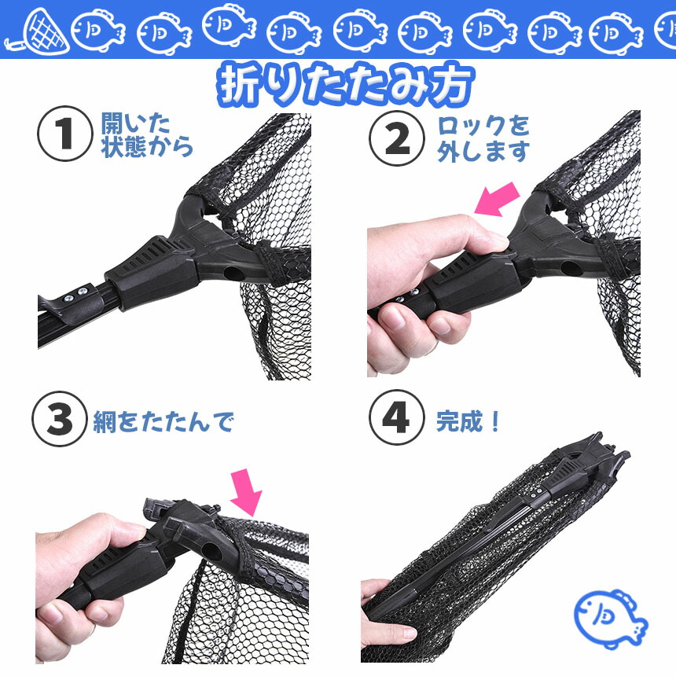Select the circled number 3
coord(60,419)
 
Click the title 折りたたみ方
coord(345,85)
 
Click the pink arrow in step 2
coord(497,199)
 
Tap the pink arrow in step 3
coord(246,492)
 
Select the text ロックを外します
coord(483,139)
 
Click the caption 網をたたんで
coord(163,421)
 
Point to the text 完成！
coord(468,421)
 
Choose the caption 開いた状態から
coord(146,135)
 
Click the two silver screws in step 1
coord(75,295)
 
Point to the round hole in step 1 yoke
coord(233,274)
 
